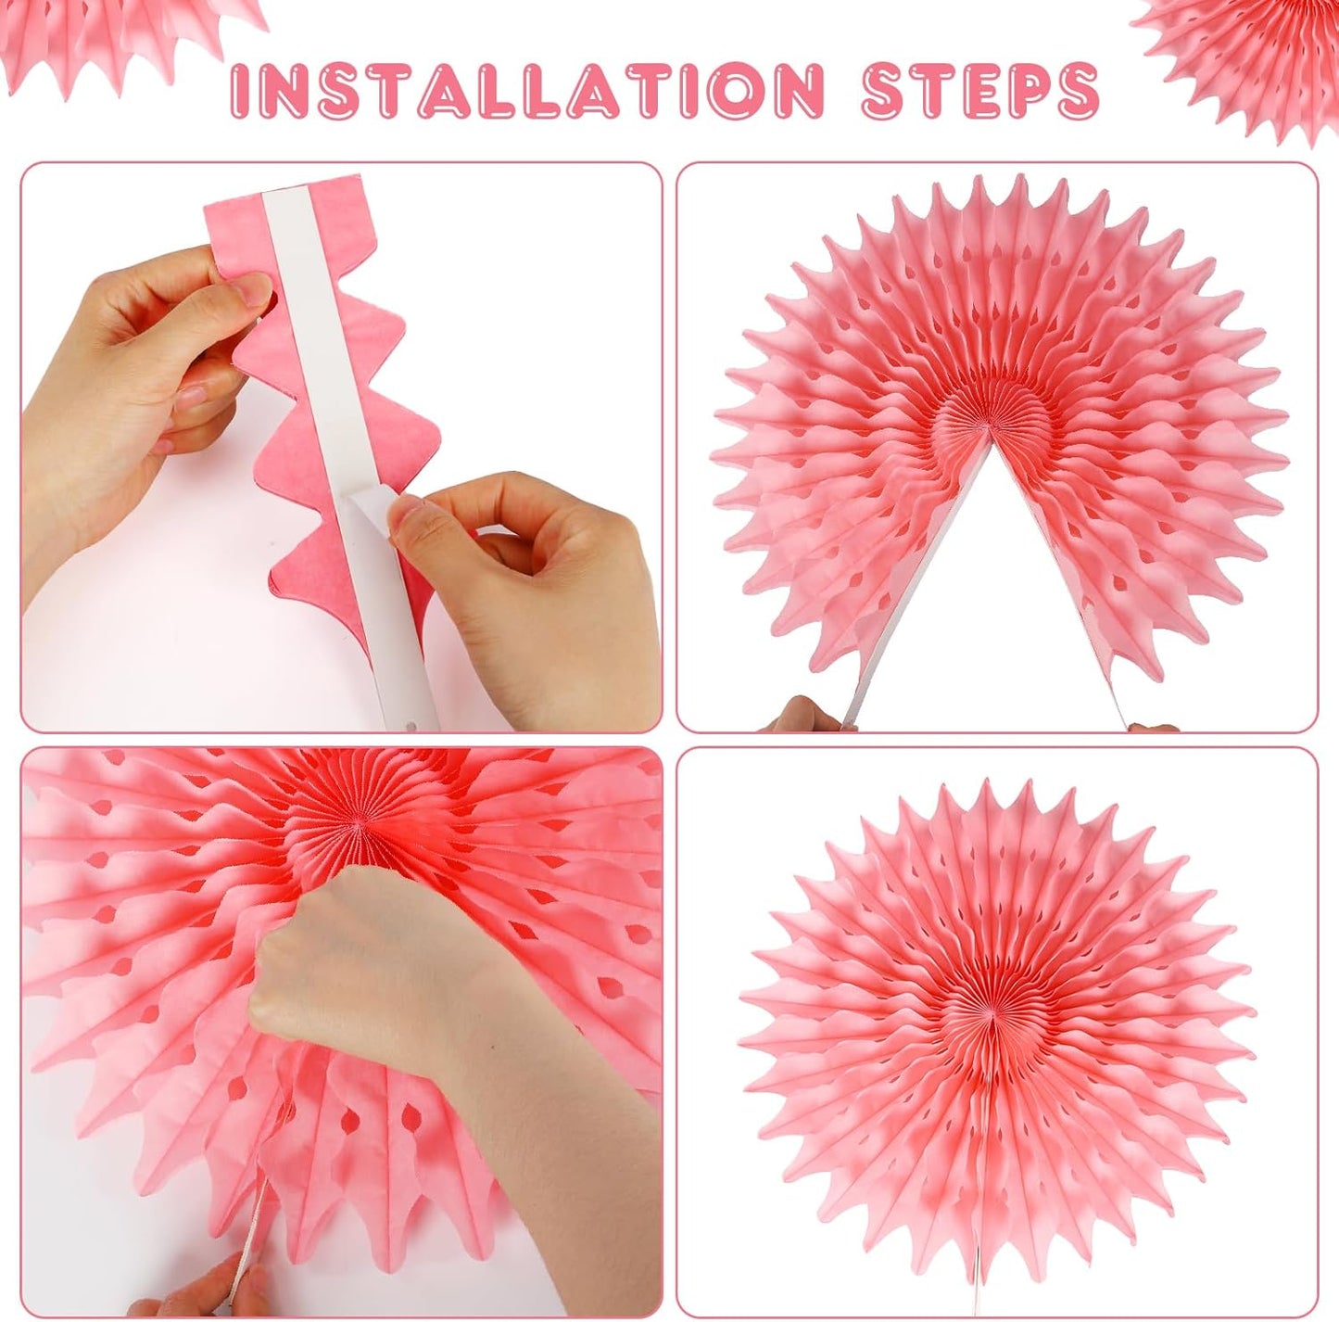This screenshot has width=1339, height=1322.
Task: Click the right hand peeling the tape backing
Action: (x=528, y=575)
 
